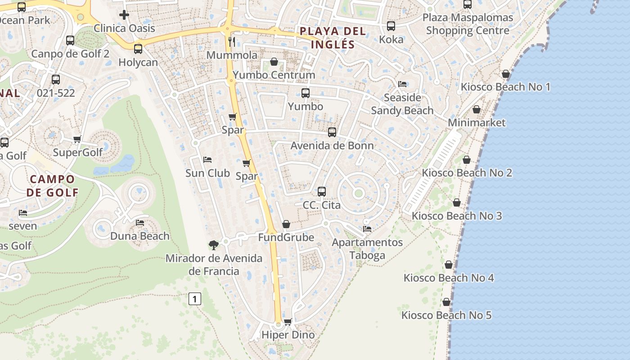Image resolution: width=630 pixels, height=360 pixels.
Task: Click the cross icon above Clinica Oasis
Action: pos(124,15)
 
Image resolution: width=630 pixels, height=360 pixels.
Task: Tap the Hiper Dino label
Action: pos(288,335)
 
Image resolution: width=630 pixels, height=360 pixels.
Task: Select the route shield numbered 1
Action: pos(194,298)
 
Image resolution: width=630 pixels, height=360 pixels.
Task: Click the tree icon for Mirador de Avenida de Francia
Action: pos(214,245)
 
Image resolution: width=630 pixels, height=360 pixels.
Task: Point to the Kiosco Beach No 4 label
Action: pos(449,278)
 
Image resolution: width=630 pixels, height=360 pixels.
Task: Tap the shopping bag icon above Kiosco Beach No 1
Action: pos(506,74)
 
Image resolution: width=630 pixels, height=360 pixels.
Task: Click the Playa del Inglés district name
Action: pos(333,38)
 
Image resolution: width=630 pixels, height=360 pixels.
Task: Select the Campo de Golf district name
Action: pos(52,186)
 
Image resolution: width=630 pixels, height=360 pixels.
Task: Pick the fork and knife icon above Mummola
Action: pos(232,42)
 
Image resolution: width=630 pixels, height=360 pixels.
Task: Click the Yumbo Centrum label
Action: pos(274,75)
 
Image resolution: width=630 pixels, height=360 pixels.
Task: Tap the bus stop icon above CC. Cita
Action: pos(321,191)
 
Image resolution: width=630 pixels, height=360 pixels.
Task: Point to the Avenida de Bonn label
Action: pos(332,145)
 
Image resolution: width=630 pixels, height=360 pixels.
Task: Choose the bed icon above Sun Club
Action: pos(207,160)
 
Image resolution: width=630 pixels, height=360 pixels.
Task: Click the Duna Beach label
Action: pos(140,236)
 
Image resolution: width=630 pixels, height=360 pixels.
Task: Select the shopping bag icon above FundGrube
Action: pos(286,224)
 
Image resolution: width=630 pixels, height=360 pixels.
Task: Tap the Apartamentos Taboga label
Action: pos(367,249)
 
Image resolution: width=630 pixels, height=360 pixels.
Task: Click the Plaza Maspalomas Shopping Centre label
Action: pos(468,24)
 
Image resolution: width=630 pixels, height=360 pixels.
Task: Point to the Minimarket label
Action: pos(477,122)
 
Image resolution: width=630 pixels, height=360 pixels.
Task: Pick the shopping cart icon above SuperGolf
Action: pos(77,139)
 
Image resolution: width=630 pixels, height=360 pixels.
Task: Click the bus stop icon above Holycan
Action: pos(138,49)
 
